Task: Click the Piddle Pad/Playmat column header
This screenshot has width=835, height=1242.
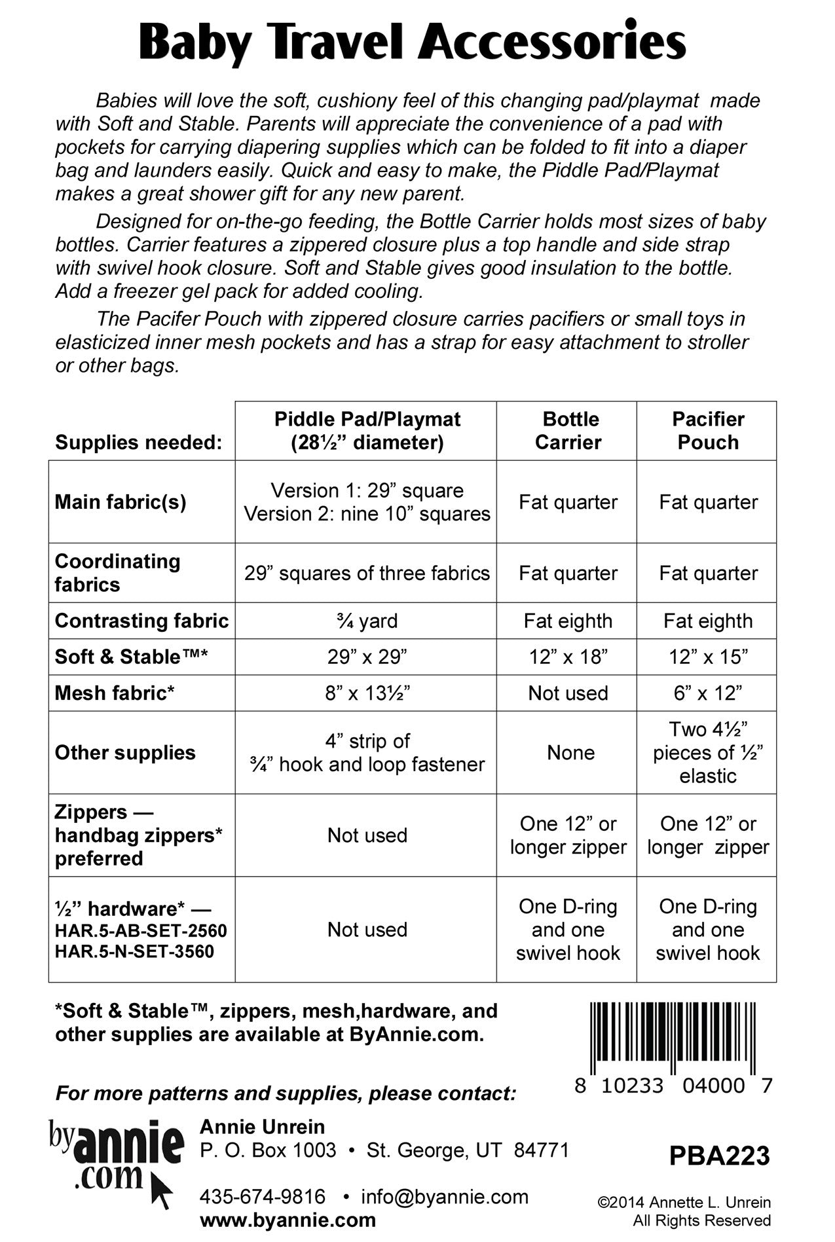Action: click(x=367, y=431)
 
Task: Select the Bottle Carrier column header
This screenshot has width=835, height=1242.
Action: click(x=568, y=431)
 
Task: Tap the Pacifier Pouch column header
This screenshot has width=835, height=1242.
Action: click(x=708, y=431)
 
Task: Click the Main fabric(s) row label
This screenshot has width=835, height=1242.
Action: click(x=121, y=502)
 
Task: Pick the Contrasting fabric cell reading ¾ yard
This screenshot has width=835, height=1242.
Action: click(x=367, y=621)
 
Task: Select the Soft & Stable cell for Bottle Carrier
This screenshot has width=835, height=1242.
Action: click(x=568, y=657)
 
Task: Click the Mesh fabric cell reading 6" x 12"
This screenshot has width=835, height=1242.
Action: click(x=708, y=693)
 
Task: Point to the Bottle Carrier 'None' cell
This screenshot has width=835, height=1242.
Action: click(x=570, y=752)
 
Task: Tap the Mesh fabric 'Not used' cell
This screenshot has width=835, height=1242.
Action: click(x=568, y=693)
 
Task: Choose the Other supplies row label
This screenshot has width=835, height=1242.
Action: click(x=125, y=752)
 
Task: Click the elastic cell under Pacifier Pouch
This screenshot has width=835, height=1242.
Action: click(x=708, y=752)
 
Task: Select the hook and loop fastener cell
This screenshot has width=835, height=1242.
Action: click(x=367, y=752)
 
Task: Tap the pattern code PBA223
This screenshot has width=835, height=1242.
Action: click(x=719, y=1156)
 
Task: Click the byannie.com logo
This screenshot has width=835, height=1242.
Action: click(x=115, y=1160)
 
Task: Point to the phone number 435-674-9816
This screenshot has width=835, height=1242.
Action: click(x=263, y=1197)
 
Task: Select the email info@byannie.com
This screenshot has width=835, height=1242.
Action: click(x=445, y=1197)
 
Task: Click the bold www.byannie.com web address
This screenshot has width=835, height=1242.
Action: click(x=288, y=1220)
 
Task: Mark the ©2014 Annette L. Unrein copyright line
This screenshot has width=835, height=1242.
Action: click(x=684, y=1203)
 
